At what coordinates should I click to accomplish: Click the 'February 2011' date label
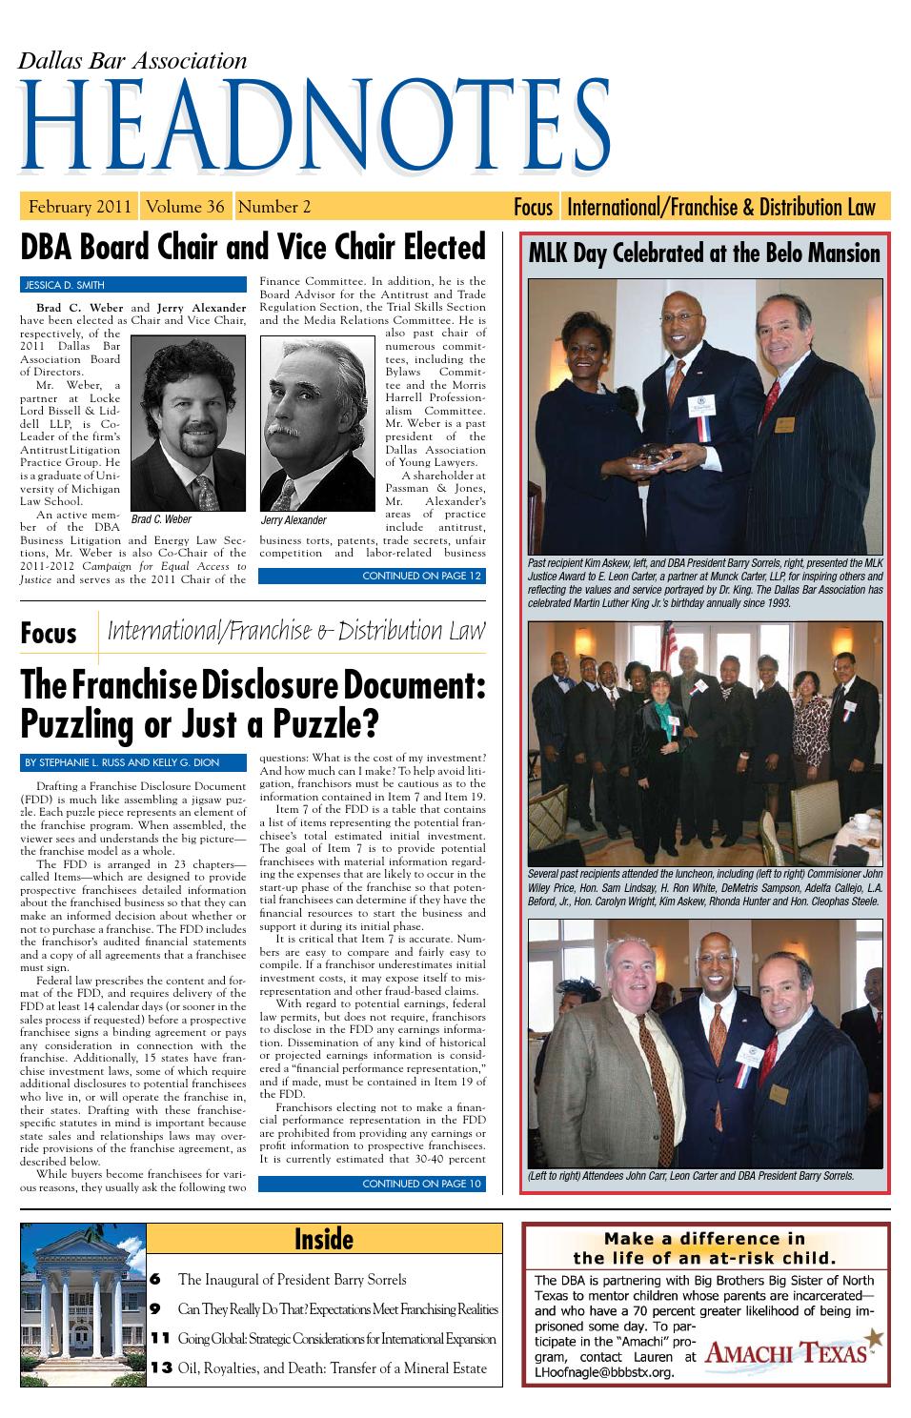pos(80,207)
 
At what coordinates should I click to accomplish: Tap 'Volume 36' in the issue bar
pos(186,207)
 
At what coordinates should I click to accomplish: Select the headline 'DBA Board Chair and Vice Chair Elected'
pos(253,247)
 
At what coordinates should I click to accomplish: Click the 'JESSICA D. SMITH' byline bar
pos(132,284)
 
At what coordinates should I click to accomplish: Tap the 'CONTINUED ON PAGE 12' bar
pos(372,576)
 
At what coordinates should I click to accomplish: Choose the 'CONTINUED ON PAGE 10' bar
pos(372,1185)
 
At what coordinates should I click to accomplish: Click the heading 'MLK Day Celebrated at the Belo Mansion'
pos(704,253)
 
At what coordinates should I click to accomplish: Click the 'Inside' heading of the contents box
pos(324,1239)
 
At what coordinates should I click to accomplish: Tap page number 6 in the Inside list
pos(154,1279)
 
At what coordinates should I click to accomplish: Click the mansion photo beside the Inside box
pos(83,1304)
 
